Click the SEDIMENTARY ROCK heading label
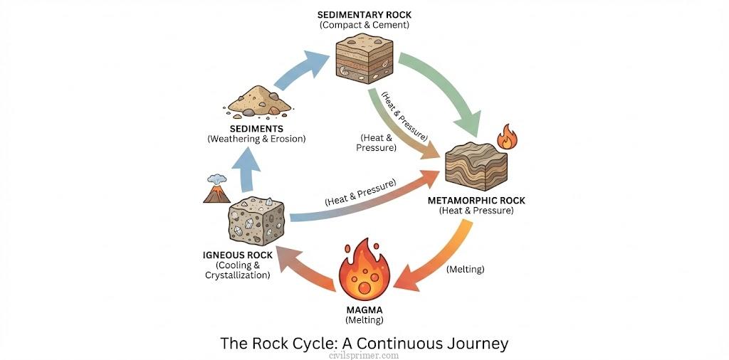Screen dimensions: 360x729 click(x=364, y=15)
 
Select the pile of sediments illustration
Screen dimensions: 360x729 click(x=259, y=101)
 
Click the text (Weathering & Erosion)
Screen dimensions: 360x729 click(x=256, y=139)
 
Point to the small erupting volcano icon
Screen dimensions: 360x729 click(x=216, y=189)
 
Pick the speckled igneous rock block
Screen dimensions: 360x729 click(x=256, y=222)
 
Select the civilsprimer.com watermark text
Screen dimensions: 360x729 click(x=364, y=355)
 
